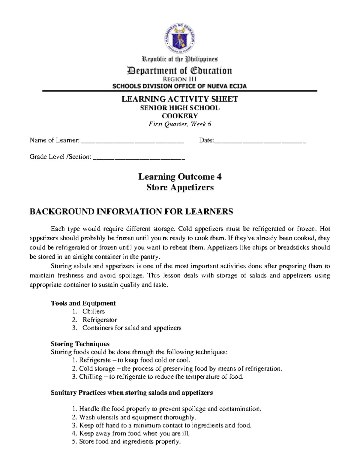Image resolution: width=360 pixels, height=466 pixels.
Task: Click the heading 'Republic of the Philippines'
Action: point(180,59)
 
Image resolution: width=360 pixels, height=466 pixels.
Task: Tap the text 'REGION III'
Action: point(179,79)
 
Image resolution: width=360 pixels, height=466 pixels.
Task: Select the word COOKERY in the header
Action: point(180,116)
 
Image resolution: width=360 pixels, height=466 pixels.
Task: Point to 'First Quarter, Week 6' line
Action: point(180,124)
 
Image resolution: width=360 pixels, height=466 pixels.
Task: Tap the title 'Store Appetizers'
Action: point(180,188)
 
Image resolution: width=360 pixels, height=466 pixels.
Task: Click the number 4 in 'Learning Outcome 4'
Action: point(219,177)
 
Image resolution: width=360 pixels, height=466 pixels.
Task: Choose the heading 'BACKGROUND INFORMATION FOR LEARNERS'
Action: point(131,212)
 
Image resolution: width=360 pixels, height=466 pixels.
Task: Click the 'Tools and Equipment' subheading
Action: point(83,303)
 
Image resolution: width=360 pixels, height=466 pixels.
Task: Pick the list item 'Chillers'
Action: point(94,311)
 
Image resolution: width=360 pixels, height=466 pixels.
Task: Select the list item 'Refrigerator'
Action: point(100,320)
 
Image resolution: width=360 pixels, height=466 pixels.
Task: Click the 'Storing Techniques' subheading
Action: point(80,344)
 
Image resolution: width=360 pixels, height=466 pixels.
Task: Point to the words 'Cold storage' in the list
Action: point(97,369)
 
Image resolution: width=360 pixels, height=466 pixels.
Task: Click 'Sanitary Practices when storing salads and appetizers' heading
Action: point(132,393)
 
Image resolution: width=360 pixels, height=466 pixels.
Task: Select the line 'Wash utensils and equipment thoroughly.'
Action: point(138,417)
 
